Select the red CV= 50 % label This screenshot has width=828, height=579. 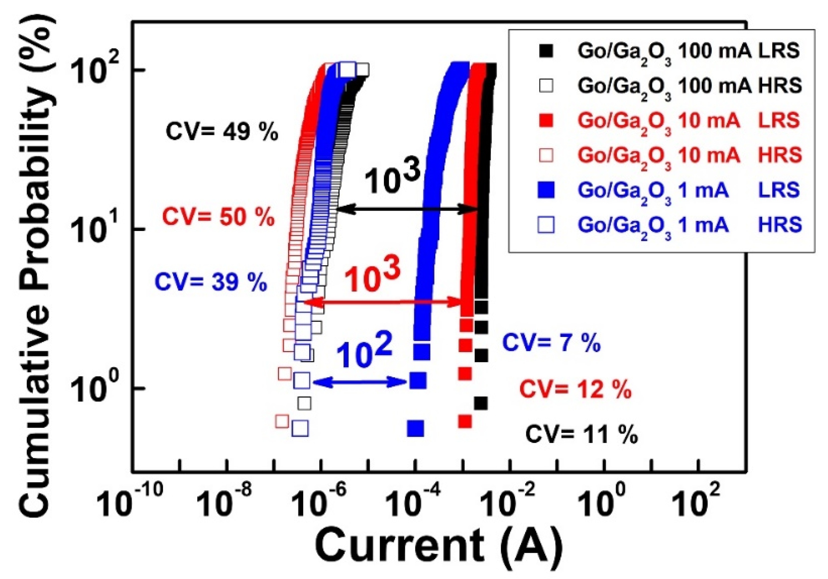[x=219, y=217]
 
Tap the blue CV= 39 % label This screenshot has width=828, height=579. [x=211, y=283]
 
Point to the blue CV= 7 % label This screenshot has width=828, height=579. [x=551, y=343]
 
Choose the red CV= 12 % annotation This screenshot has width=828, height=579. [x=575, y=389]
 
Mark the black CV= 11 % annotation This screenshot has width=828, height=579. [x=581, y=435]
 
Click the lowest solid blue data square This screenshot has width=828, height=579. [x=415, y=429]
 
